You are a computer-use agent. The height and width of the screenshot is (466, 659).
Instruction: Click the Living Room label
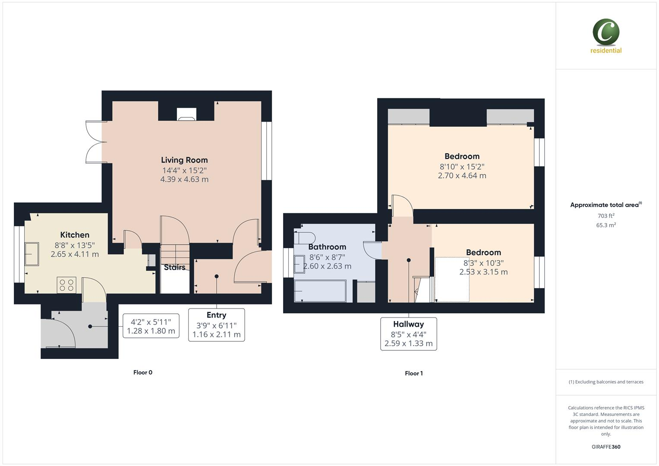[x=184, y=160]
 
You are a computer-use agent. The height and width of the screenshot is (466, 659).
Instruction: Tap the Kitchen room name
[x=75, y=235]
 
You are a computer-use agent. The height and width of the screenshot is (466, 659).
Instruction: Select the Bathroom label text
[x=327, y=247]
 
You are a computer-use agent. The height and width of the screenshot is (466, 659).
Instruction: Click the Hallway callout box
[x=408, y=334]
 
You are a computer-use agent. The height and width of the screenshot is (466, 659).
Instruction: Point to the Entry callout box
[x=216, y=325]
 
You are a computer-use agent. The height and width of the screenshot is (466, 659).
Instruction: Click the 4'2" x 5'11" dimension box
[x=151, y=326]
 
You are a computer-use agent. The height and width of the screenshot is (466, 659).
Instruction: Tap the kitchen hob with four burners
[x=66, y=285]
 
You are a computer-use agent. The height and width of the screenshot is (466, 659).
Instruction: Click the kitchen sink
[x=31, y=254]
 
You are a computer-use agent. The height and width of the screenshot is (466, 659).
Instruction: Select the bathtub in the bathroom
[x=320, y=291]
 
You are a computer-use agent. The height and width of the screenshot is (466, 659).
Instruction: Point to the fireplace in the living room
[x=186, y=114]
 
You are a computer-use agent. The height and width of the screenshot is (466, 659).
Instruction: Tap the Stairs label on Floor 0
[x=175, y=268]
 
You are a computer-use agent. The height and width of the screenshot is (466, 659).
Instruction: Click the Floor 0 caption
[x=143, y=372]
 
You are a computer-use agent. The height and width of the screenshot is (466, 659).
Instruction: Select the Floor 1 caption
[x=413, y=373]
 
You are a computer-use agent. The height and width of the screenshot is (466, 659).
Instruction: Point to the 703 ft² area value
[x=606, y=216]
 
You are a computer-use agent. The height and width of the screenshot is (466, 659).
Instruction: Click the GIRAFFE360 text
[x=606, y=447]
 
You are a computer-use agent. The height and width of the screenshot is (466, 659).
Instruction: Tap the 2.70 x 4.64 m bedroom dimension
[x=462, y=176]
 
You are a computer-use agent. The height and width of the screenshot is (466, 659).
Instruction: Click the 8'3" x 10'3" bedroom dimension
[x=483, y=263]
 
